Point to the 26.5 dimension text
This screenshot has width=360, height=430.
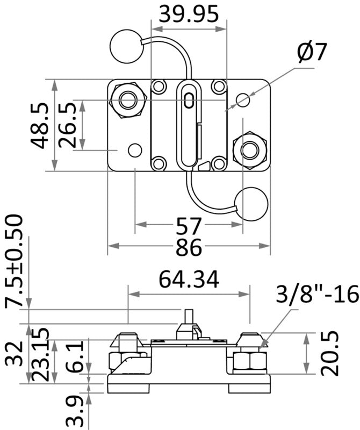pos(68,125)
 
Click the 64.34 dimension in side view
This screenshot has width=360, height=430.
pos(189,279)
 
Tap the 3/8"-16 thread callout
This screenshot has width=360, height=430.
pos(317,294)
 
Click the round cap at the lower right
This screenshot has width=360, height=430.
pos(251,204)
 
